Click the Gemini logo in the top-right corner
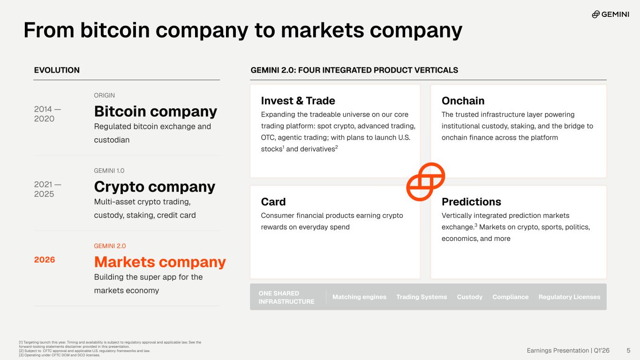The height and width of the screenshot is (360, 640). click(x=610, y=14)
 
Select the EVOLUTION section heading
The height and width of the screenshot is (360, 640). click(x=57, y=70)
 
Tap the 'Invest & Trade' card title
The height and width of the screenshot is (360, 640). click(x=298, y=101)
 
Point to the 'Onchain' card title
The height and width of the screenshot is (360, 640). click(x=463, y=101)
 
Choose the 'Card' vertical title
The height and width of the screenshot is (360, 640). click(x=273, y=202)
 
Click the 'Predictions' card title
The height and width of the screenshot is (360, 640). click(x=471, y=202)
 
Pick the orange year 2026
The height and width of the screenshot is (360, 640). click(x=44, y=259)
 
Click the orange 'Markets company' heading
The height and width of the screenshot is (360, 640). click(x=160, y=262)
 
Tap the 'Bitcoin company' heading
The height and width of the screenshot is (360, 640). click(x=156, y=111)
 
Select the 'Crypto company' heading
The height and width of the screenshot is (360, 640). click(x=155, y=187)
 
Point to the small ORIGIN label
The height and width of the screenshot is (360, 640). click(x=104, y=95)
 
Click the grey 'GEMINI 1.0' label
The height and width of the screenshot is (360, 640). click(x=109, y=171)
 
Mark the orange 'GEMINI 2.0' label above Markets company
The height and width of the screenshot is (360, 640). click(x=110, y=246)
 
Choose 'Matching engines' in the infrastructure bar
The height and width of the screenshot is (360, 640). click(x=359, y=297)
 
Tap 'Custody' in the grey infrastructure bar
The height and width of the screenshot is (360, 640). click(x=469, y=297)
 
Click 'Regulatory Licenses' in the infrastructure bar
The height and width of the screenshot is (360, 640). click(x=569, y=297)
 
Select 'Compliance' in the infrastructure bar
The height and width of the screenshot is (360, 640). click(x=510, y=297)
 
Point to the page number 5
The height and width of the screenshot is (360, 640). click(x=628, y=350)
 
